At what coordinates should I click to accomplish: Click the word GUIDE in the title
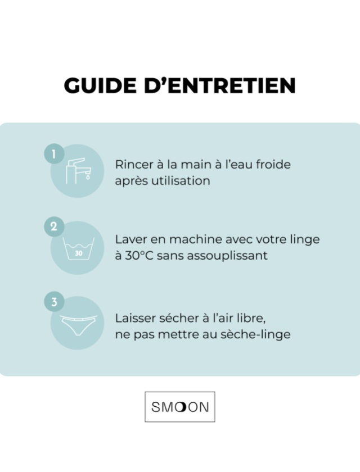click(96, 85)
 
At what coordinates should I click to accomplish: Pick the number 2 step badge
click(54, 228)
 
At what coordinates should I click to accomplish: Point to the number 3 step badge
click(54, 302)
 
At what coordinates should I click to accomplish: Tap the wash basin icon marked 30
click(78, 249)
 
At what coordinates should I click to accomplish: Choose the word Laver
click(130, 239)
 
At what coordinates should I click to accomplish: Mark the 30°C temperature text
click(141, 255)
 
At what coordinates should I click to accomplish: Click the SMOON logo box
click(180, 406)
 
